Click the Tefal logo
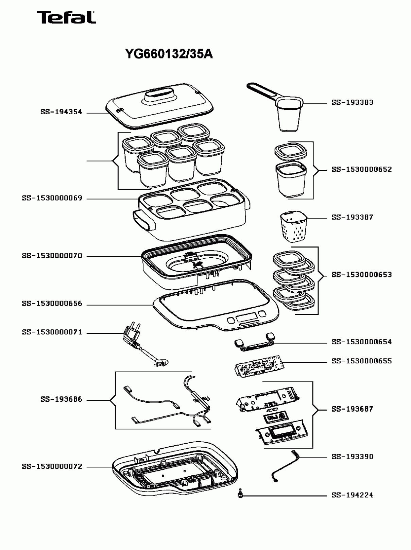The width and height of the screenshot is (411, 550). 66,17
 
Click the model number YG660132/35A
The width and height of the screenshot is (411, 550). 169,54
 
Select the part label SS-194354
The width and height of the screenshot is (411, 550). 61,112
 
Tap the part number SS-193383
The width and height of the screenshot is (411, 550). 352,102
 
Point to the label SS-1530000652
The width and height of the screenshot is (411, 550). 361,169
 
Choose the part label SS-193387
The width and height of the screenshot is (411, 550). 352,217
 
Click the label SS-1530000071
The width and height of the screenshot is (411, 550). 52,332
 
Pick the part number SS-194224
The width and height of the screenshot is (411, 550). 352,495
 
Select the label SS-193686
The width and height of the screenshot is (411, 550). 61,399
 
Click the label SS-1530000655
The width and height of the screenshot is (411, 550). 361,361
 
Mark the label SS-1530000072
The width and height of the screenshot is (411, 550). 52,467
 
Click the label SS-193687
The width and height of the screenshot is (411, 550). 352,409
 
